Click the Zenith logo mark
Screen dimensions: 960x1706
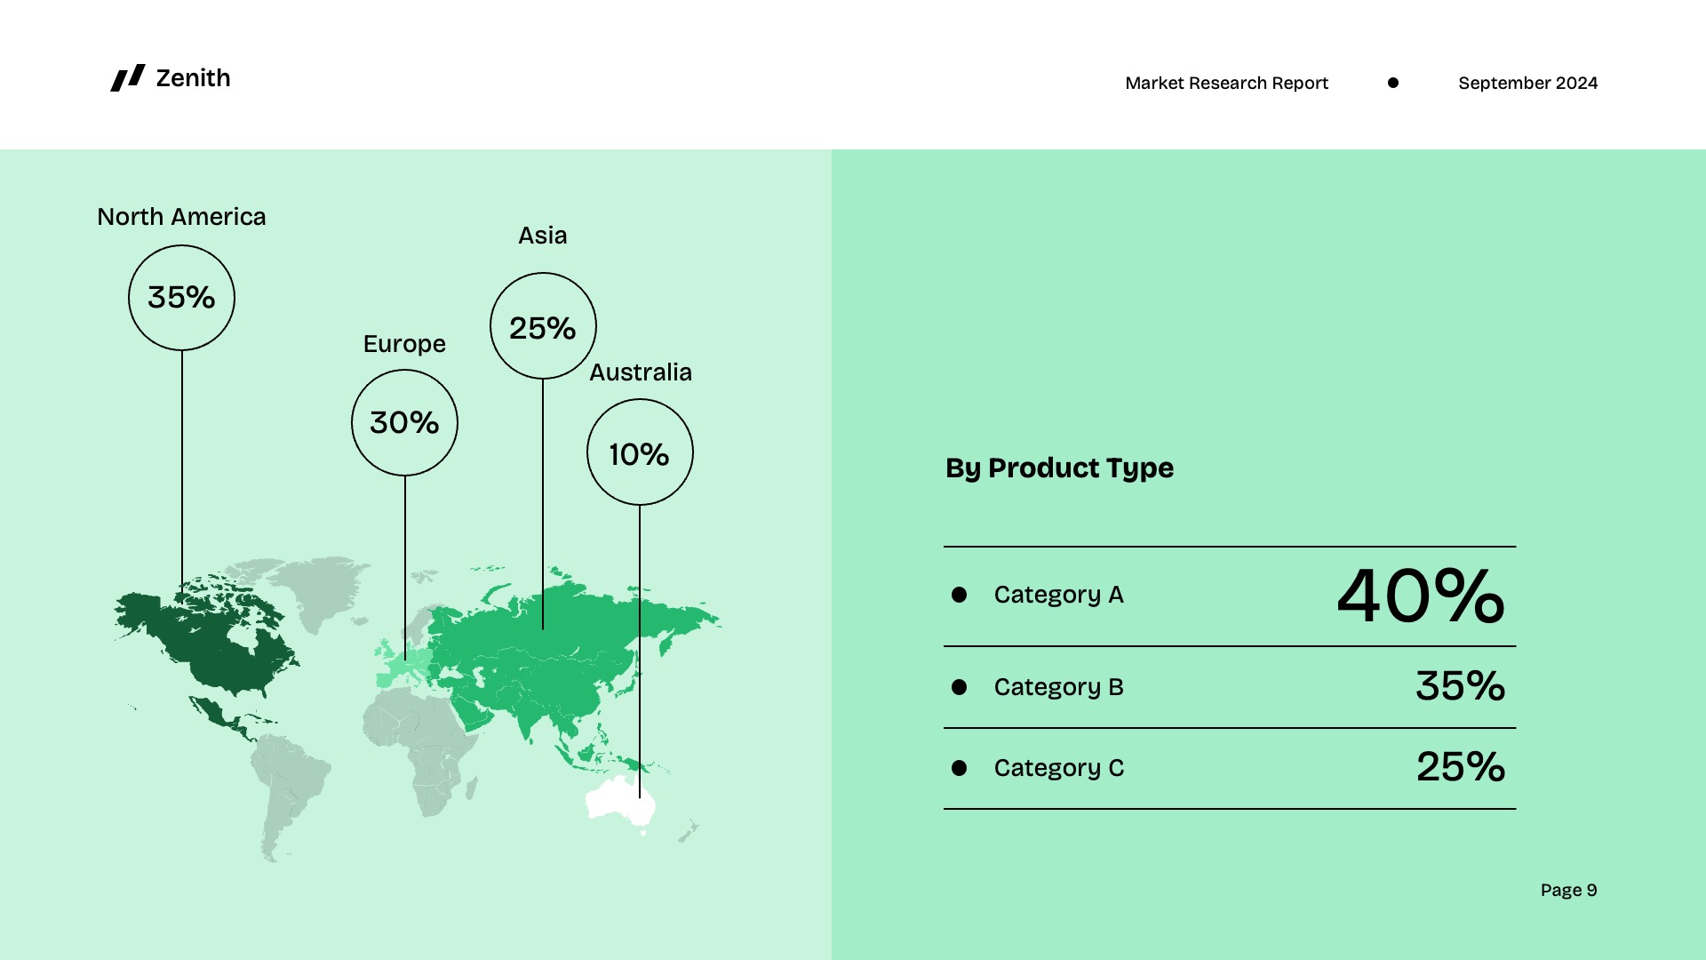127,78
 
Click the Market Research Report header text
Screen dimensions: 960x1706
1226,83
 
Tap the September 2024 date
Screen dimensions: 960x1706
1527,83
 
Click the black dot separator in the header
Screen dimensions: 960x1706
1393,83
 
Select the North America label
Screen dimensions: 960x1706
181,217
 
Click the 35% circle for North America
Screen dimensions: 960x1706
181,298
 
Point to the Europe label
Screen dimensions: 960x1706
404,344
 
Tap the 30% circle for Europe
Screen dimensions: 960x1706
404,422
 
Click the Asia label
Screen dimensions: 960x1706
542,236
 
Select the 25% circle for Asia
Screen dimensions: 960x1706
542,327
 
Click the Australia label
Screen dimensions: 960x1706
640,372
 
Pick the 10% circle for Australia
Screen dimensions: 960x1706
639,453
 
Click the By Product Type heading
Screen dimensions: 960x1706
1059,468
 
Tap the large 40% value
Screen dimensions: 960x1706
1420,596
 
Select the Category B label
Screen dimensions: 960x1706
1058,687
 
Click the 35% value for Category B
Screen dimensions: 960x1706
1460,686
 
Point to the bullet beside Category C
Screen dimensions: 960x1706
959,768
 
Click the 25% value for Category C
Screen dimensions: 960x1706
1460,767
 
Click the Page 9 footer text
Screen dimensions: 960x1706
1568,890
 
